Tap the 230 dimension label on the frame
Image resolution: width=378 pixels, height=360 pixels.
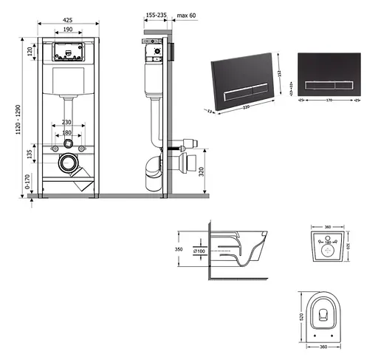point(66,123)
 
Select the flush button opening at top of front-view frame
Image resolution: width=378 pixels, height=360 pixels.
point(66,52)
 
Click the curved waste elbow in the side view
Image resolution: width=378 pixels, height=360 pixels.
point(151,168)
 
